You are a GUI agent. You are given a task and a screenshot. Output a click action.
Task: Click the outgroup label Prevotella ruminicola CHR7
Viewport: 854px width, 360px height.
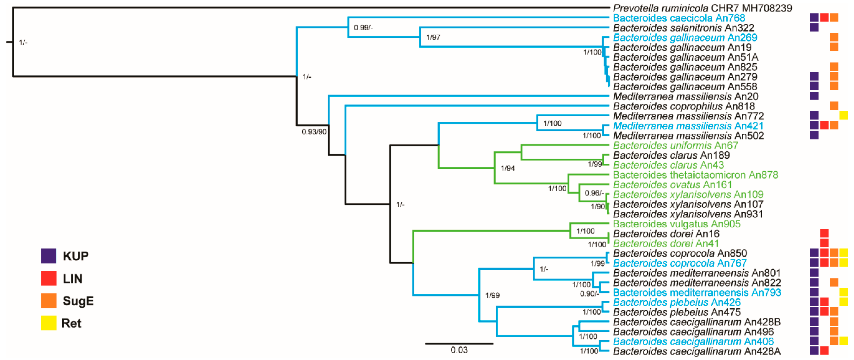pos(702,8)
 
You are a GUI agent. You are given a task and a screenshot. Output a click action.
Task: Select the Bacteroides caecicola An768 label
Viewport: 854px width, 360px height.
pos(679,18)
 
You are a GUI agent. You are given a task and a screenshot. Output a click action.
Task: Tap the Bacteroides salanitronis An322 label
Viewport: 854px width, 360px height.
pos(679,28)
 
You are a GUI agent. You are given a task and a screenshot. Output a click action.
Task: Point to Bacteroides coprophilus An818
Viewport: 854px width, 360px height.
pos(684,106)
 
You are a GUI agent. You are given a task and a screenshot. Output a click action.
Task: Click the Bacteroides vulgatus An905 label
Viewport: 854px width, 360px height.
pos(676,224)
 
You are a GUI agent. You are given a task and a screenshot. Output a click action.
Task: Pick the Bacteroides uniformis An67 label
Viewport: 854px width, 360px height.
pos(675,145)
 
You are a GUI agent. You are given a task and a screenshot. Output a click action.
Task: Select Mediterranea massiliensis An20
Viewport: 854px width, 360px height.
pos(686,97)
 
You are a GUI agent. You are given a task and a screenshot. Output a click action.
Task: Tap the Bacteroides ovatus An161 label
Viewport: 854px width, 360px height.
pos(672,185)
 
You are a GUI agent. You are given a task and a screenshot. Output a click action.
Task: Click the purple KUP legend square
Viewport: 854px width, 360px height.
pos(49,256)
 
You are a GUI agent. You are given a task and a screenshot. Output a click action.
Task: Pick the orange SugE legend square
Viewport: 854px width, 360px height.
pos(49,301)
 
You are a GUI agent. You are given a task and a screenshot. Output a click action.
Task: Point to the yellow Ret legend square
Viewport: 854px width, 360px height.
pos(49,323)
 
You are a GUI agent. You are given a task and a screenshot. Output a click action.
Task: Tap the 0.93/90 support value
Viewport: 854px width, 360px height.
pos(314,132)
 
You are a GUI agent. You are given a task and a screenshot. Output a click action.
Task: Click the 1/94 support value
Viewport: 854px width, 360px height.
pos(507,168)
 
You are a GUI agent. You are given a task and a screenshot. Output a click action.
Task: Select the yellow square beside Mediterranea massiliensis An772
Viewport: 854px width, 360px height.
pos(843,116)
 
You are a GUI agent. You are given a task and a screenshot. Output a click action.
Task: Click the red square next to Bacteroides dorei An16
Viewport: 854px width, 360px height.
pos(824,233)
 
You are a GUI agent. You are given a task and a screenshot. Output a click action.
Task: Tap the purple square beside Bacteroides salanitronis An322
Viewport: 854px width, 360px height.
pos(814,27)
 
